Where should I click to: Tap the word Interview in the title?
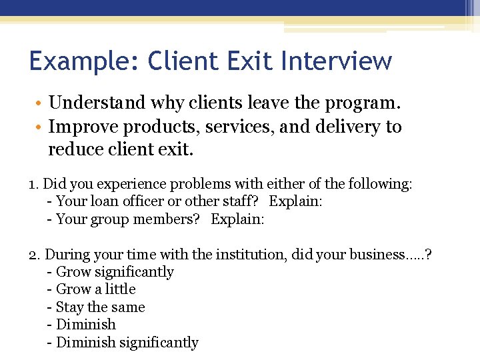337,61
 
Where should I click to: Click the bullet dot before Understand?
41,103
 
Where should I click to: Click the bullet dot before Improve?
41,127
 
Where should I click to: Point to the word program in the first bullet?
366,103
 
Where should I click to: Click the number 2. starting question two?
35,255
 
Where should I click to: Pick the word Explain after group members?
237,219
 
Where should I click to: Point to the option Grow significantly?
115,272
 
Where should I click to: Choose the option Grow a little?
95,289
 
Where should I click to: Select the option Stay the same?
100,307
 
